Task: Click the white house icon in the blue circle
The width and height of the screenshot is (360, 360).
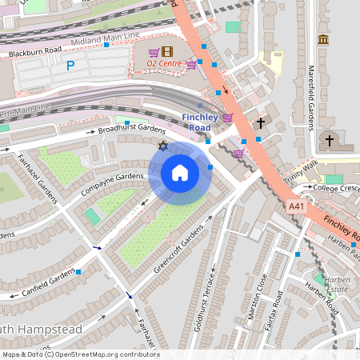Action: point(179,173)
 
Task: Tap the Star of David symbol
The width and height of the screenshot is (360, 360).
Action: point(163,146)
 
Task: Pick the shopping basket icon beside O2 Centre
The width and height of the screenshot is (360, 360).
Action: point(191,65)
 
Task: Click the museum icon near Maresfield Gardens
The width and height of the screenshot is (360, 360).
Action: point(323,39)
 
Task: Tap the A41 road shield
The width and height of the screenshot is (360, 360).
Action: point(296,206)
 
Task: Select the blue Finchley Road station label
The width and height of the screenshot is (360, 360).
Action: point(200,122)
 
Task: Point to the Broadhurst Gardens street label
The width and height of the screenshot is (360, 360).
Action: point(131,128)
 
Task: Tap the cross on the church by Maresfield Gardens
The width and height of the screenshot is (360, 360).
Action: point(329,140)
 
